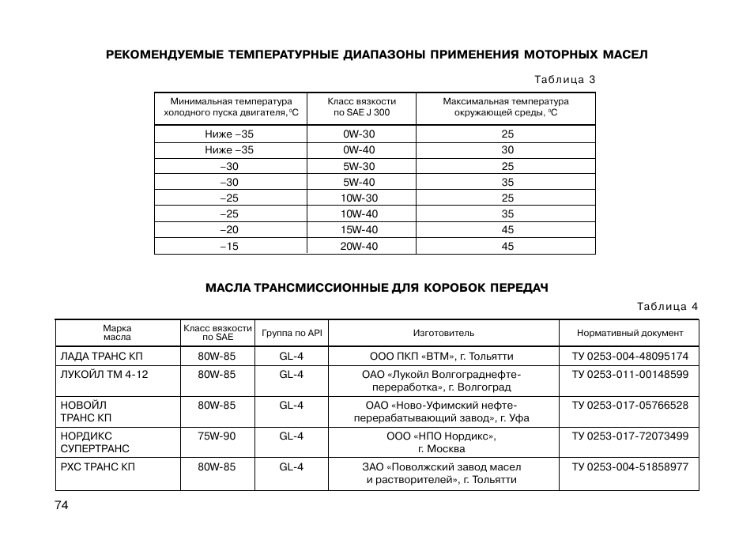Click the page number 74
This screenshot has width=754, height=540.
tap(62, 506)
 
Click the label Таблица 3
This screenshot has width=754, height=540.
tap(564, 80)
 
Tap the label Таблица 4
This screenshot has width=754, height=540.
tap(668, 306)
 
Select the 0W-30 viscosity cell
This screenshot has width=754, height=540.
tap(359, 134)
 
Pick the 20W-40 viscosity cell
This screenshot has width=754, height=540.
tap(359, 246)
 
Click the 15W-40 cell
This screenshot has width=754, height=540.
tap(359, 230)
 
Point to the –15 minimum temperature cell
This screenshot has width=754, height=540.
tap(229, 246)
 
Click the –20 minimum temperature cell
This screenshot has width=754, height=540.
tap(229, 230)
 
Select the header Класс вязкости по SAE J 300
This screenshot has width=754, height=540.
tap(361, 107)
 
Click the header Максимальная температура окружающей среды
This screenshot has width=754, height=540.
tap(506, 107)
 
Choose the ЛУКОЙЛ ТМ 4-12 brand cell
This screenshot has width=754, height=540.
tap(104, 374)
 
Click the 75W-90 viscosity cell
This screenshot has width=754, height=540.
tap(217, 436)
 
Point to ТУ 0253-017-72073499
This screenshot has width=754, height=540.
tap(630, 436)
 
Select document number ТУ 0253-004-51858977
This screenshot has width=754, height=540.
tap(630, 466)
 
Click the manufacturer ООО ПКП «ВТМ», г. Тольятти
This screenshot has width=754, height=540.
tap(442, 357)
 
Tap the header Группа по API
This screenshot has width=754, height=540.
tap(292, 333)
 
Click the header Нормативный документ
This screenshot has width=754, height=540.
tap(630, 333)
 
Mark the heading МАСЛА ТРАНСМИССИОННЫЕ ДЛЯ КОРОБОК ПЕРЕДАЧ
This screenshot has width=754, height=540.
tap(376, 288)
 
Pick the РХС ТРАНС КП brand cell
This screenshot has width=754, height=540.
tap(98, 466)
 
